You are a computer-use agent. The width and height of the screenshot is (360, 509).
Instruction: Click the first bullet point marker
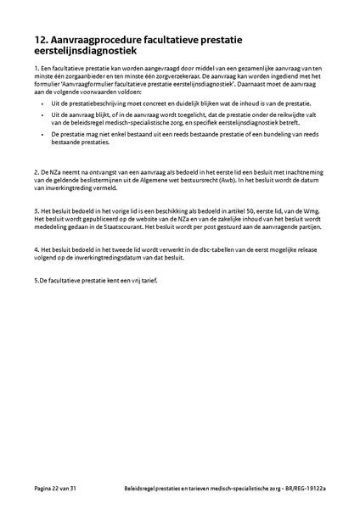[41, 102]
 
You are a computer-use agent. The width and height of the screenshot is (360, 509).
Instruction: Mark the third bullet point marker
[41, 134]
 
